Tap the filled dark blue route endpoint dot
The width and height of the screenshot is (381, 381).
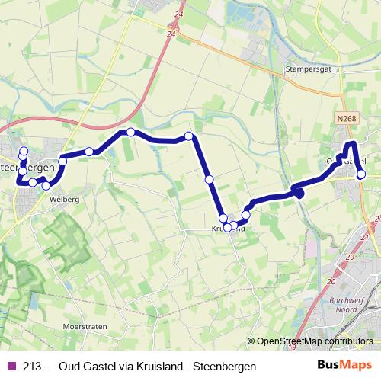(x=299, y=194)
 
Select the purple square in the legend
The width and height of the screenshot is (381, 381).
(x=10, y=367)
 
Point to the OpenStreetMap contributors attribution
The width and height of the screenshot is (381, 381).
(x=314, y=341)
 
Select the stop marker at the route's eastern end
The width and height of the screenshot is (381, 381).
(x=361, y=174)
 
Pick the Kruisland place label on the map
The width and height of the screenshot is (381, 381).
(x=228, y=228)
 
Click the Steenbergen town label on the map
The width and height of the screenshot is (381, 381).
(x=30, y=166)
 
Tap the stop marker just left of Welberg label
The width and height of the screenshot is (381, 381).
(x=46, y=185)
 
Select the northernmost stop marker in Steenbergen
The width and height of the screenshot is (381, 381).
(x=23, y=150)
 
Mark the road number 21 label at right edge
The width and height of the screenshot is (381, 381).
(x=365, y=238)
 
